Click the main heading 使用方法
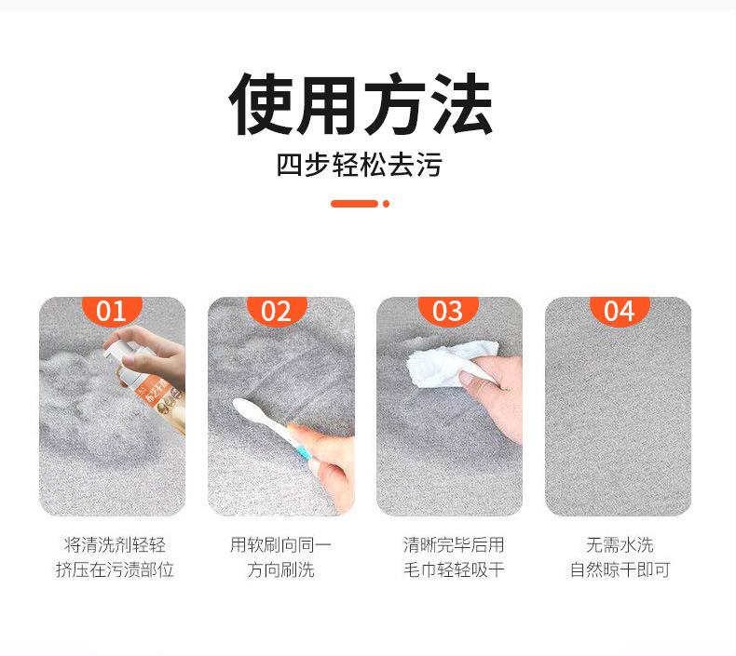(360, 103)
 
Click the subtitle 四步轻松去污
(359, 165)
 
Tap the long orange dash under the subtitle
(354, 204)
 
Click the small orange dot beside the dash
(386, 204)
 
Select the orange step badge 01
(112, 310)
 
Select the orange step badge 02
(277, 310)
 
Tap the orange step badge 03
(448, 310)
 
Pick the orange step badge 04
(620, 310)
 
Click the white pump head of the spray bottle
(118, 354)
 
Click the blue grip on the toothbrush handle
(305, 454)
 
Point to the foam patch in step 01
(94, 403)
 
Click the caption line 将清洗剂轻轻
(115, 545)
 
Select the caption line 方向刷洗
(280, 569)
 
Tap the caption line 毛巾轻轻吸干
(454, 569)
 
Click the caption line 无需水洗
(620, 545)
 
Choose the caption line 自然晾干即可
(620, 569)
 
